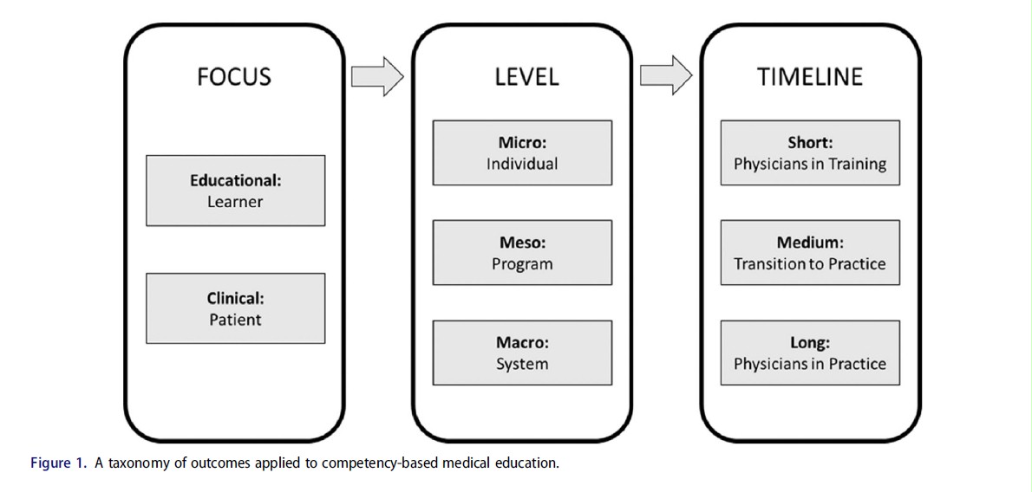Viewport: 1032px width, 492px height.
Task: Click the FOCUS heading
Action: pos(234,76)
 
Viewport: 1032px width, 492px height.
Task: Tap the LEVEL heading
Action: pos(526,76)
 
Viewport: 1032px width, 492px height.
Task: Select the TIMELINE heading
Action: pos(809,76)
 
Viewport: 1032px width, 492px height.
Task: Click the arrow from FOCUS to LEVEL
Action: pos(377,76)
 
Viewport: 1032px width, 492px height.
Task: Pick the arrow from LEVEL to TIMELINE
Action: pos(666,76)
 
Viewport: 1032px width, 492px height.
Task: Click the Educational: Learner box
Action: pos(235,191)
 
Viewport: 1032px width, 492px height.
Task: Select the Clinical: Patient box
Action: pos(235,308)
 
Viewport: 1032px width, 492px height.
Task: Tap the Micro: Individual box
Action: pos(522,152)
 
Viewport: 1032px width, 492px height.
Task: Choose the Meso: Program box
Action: pos(522,253)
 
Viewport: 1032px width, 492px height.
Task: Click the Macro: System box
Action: pos(522,353)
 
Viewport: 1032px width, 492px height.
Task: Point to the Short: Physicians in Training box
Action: pos(810,152)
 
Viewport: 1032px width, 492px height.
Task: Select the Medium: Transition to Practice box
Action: pos(810,253)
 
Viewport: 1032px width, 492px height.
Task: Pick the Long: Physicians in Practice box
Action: pos(810,353)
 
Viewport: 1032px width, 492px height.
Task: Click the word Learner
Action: pos(235,202)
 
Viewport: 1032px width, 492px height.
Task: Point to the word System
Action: pos(522,364)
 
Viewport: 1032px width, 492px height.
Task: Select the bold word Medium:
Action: pos(810,243)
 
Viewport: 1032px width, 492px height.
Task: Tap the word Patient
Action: pos(235,320)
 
